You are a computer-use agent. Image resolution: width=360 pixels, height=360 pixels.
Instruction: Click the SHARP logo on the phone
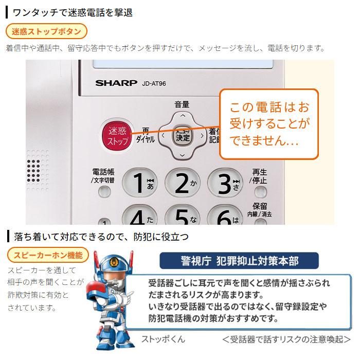pyautogui.click(x=116, y=82)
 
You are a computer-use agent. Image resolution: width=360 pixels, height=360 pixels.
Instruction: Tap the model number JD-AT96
pyautogui.click(x=154, y=83)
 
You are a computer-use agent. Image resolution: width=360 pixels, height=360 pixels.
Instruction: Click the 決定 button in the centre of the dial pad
pyautogui.click(x=182, y=136)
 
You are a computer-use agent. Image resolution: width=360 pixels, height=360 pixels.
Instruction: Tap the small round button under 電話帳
pyautogui.click(x=104, y=192)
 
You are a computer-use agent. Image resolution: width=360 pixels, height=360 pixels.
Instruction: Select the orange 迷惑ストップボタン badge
pyautogui.click(x=46, y=31)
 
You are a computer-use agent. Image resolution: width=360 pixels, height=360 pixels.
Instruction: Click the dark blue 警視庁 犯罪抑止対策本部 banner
pyautogui.click(x=236, y=261)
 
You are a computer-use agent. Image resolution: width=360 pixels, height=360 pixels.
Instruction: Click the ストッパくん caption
pyautogui.click(x=163, y=339)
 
